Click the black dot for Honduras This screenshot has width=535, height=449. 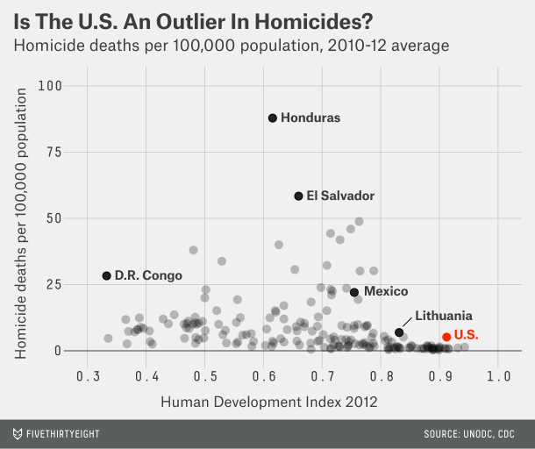coord(272,118)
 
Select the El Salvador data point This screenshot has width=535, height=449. coord(298,196)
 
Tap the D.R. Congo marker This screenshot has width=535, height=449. coord(107,275)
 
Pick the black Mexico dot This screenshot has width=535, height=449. coord(354,292)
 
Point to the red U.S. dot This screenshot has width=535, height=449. coord(446,337)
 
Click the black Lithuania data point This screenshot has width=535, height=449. coord(399,332)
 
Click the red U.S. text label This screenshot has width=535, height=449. coord(466,335)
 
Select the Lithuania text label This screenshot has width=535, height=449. coord(444,316)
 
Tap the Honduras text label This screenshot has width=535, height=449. coord(310,118)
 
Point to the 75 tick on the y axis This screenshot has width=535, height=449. coord(53,153)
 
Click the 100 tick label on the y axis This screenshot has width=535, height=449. coord(50,86)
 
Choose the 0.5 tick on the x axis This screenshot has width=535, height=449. coord(205,376)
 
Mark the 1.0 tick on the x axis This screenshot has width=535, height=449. coord(498,376)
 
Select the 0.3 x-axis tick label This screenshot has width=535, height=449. coord(88,376)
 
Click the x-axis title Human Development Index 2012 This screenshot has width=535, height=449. coord(269,402)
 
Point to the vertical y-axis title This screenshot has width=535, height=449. coord(20,224)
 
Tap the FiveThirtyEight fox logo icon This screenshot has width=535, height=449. coord(18,434)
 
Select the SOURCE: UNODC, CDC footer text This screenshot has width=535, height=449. coord(469,434)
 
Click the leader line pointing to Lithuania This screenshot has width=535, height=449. coord(407,322)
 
